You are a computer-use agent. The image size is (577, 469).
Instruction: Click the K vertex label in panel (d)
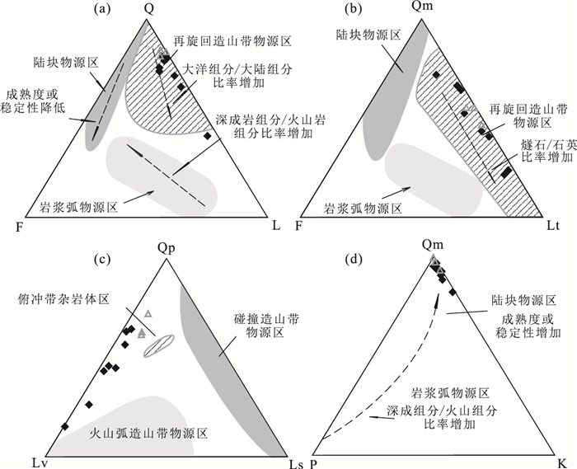(x=561, y=459)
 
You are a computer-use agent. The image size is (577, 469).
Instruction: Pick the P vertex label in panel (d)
(x=315, y=459)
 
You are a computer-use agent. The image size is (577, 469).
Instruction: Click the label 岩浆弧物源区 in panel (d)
(x=451, y=391)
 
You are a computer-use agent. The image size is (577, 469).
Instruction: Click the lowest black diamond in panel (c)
(x=64, y=425)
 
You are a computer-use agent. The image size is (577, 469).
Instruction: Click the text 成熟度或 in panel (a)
(x=30, y=95)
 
